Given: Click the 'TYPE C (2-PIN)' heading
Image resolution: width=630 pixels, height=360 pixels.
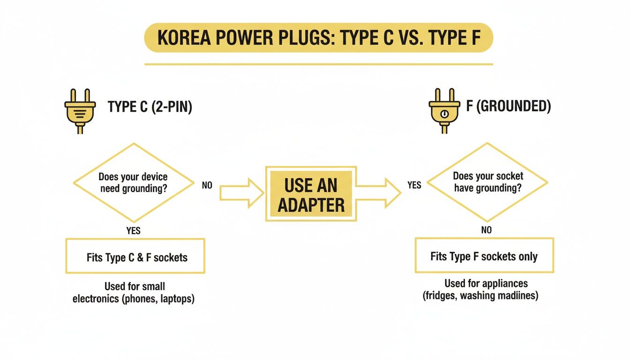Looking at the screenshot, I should (x=150, y=107).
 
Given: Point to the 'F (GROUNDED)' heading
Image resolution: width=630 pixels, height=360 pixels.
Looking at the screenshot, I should (x=508, y=106).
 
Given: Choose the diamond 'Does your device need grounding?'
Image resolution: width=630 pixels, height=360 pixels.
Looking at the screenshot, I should (x=133, y=183).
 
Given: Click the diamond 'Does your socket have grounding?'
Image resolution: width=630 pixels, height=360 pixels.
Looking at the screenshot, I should (x=488, y=182).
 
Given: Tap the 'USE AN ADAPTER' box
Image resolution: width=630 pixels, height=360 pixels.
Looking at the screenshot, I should (x=311, y=194).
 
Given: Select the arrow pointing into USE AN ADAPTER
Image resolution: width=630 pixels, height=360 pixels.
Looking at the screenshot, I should (x=241, y=194).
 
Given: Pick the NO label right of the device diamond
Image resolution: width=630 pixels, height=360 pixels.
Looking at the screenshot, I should (x=207, y=185).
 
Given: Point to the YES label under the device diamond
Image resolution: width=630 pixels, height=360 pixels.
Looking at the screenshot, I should (x=133, y=231).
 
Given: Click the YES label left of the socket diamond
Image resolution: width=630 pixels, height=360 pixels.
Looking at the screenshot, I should (x=414, y=185).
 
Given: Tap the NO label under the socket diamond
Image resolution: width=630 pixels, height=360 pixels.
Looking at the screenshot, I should (x=486, y=230).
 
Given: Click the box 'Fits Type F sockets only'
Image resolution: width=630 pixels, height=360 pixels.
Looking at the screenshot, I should (x=484, y=256).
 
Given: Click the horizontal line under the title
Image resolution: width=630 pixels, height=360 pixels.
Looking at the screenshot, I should (x=318, y=64).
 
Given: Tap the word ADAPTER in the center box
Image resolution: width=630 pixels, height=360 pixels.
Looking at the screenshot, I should (x=311, y=205).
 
